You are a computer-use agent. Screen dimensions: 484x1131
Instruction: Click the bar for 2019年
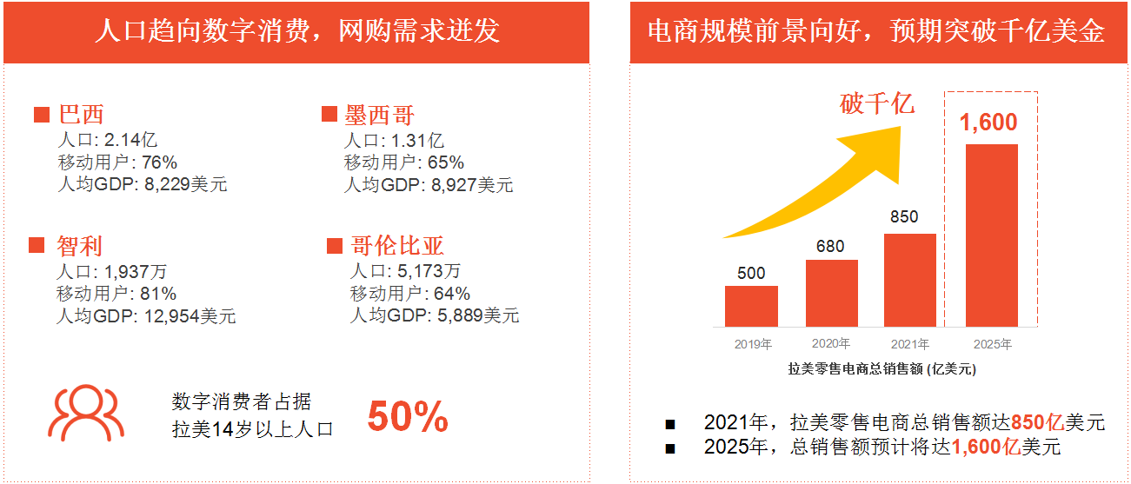click(751, 306)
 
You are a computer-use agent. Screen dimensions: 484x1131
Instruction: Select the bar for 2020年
click(831, 293)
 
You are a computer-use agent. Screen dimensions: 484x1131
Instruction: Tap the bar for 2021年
click(909, 280)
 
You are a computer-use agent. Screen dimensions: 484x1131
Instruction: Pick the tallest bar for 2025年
click(991, 235)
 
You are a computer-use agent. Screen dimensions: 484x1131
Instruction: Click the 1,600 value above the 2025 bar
click(988, 123)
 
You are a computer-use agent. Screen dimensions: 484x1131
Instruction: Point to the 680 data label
click(830, 246)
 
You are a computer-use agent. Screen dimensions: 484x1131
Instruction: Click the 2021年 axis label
click(909, 344)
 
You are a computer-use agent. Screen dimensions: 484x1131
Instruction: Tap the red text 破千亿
click(877, 104)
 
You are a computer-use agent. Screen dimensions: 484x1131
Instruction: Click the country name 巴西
click(82, 116)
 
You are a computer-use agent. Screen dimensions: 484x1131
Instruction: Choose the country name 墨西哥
click(379, 116)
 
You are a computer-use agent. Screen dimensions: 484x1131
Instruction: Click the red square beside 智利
click(37, 246)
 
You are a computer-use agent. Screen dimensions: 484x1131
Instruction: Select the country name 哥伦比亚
click(397, 246)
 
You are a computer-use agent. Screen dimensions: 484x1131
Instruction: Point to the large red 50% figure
click(408, 417)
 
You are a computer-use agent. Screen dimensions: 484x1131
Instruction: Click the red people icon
click(85, 413)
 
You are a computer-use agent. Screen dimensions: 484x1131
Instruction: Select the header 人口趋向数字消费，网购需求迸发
click(296, 32)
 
